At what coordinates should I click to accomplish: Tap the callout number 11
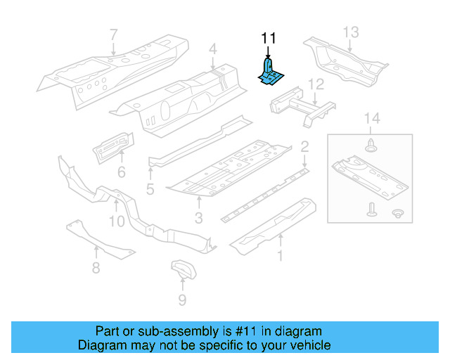click(269, 38)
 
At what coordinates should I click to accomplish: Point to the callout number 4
click(212, 49)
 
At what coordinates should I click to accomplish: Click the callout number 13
click(351, 32)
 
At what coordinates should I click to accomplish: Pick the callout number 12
click(316, 85)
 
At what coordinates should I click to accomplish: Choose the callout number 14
click(372, 119)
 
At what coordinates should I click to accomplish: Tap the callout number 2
click(304, 146)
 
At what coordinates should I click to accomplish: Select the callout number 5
click(150, 189)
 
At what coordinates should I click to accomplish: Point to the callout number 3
click(199, 219)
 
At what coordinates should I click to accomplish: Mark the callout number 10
click(117, 221)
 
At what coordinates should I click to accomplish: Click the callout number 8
click(96, 267)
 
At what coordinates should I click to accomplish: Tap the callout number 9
click(182, 300)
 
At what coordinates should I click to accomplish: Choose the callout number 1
click(281, 256)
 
